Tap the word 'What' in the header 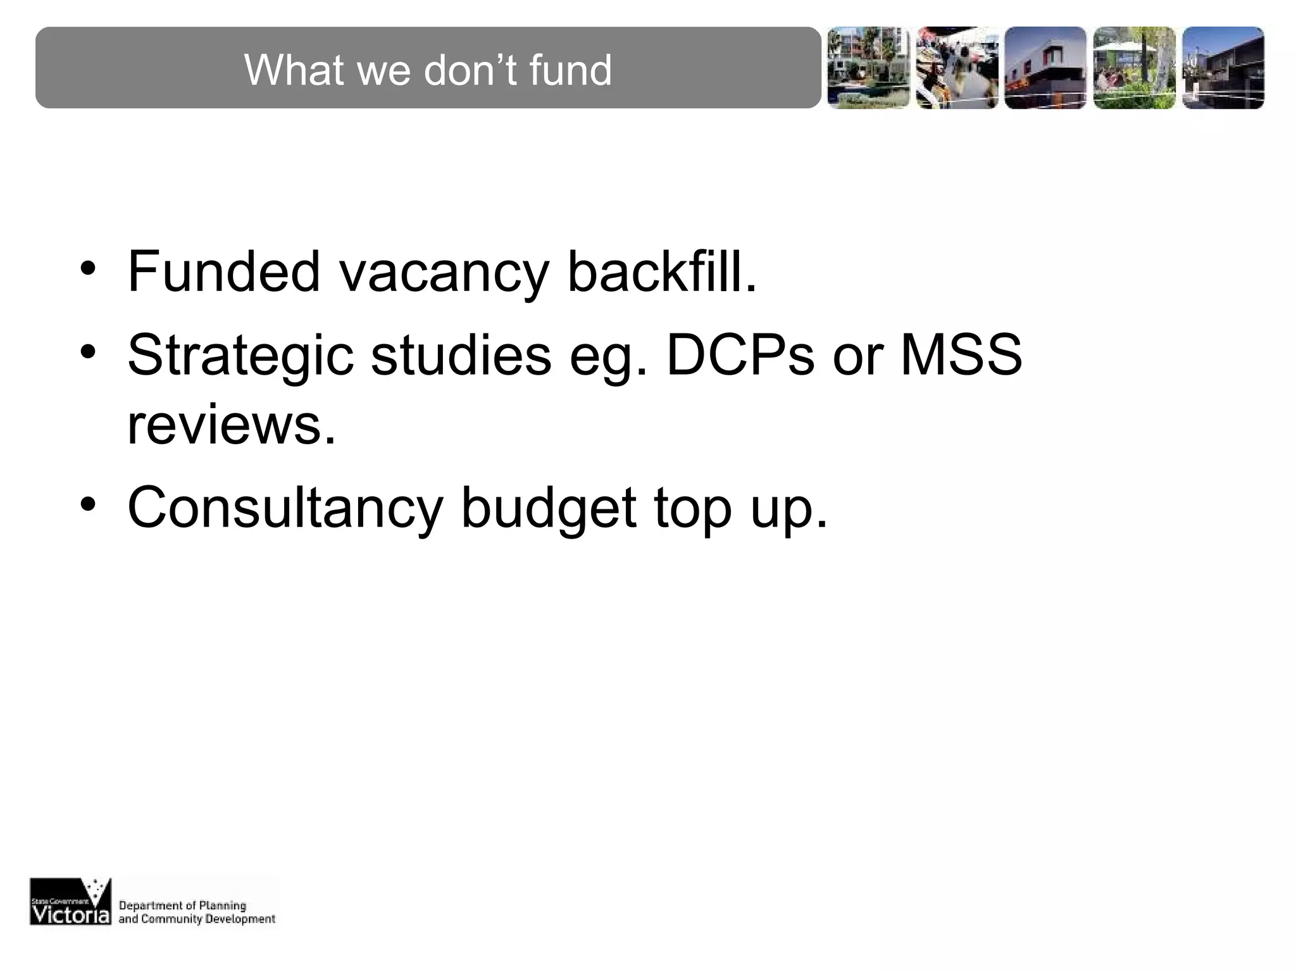point(294,70)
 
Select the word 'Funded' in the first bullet point(224,272)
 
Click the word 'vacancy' point(444,273)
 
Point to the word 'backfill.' point(662,272)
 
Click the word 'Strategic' point(240,356)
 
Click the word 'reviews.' point(231,425)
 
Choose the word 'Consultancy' point(285,509)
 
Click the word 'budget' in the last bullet point(548,509)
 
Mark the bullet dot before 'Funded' point(88,268)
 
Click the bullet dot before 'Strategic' point(88,351)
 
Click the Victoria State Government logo point(70,901)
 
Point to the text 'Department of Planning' point(182,906)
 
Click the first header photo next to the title point(868,68)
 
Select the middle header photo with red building point(1045,68)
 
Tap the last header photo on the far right point(1223,68)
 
